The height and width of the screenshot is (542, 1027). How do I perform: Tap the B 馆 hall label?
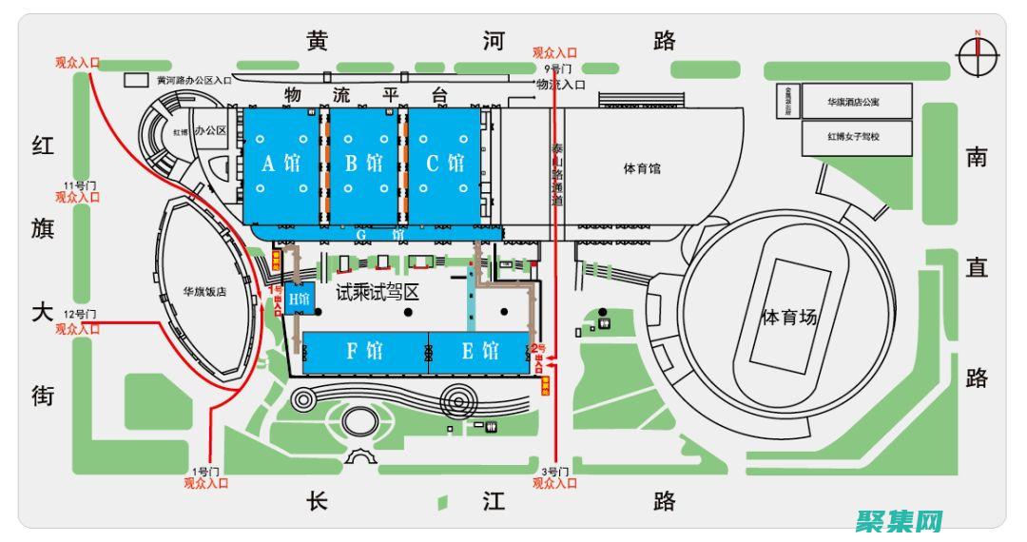(x=363, y=164)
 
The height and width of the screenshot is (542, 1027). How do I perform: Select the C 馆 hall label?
(x=444, y=164)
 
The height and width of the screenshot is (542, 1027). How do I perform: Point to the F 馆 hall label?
(x=364, y=351)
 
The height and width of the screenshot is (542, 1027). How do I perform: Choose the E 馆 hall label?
(x=480, y=351)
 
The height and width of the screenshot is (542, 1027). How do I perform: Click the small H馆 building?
(x=300, y=299)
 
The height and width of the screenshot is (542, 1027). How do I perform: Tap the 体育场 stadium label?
(x=789, y=318)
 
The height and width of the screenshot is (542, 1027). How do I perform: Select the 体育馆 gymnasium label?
(x=642, y=169)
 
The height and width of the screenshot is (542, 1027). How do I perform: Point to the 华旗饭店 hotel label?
(x=204, y=293)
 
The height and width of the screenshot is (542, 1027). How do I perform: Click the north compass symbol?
(x=977, y=58)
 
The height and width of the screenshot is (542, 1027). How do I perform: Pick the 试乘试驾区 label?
(x=378, y=293)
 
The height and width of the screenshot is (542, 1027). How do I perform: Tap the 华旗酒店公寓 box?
(x=856, y=101)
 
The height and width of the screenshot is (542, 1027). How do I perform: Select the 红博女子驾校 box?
(x=856, y=137)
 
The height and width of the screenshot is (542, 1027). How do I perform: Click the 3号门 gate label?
(x=554, y=472)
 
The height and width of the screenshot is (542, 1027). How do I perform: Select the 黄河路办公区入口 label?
(x=195, y=81)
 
